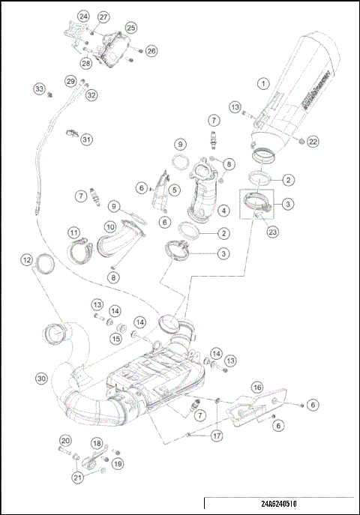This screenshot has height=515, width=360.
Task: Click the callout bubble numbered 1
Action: pyautogui.click(x=263, y=82)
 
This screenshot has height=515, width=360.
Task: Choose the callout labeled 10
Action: pyautogui.click(x=109, y=226)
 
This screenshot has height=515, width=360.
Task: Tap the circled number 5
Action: pyautogui.click(x=174, y=190)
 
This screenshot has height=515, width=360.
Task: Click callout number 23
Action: pyautogui.click(x=272, y=232)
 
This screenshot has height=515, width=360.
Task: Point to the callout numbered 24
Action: pyautogui.click(x=83, y=16)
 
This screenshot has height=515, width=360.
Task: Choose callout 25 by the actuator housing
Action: pyautogui.click(x=130, y=27)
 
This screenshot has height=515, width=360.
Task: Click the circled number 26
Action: pyautogui.click(x=151, y=51)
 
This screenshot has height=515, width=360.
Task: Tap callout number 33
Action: pyautogui.click(x=40, y=88)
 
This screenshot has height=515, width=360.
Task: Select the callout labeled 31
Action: pyautogui.click(x=87, y=139)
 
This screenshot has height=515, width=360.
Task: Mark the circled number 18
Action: pyautogui.click(x=97, y=443)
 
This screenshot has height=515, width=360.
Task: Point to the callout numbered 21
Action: pyautogui.click(x=77, y=476)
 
